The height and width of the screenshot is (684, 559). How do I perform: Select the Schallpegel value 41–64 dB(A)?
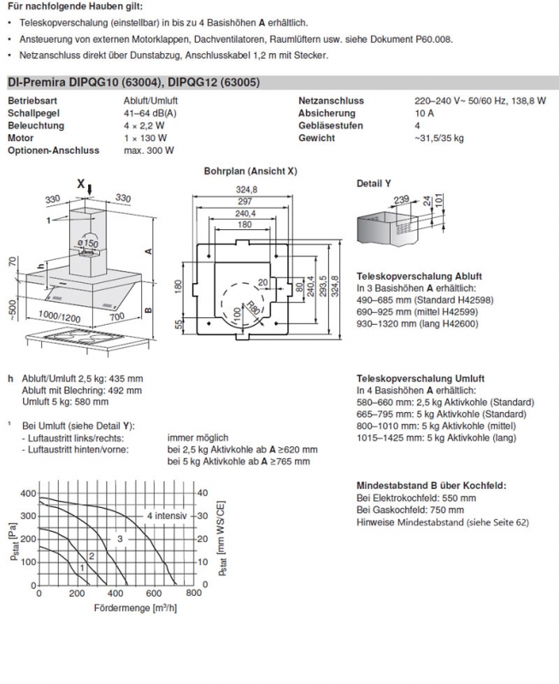coord(152,113)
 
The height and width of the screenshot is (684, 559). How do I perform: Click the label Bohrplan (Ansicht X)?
coord(250,171)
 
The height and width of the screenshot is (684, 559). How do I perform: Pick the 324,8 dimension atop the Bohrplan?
coord(247,190)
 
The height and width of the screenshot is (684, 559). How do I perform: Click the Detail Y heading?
coord(374,184)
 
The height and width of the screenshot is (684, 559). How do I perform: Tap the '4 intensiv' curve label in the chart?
coord(166,516)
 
